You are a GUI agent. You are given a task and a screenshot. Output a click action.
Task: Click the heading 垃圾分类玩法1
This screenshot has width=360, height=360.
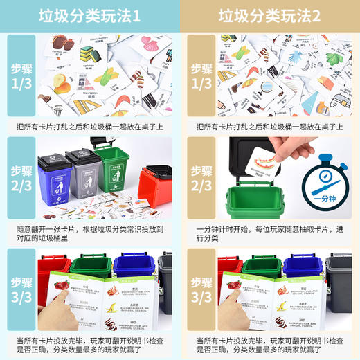90,15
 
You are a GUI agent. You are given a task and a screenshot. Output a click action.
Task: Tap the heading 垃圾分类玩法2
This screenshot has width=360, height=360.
270,15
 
